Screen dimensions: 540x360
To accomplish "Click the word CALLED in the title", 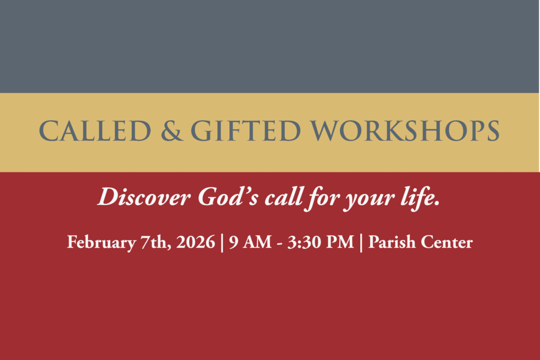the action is [x=95, y=131].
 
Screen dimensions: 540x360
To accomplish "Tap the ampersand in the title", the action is [x=172, y=131].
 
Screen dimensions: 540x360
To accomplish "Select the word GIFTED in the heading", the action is [x=246, y=131].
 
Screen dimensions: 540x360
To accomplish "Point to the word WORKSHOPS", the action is [x=405, y=131].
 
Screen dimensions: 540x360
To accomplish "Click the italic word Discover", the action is [x=144, y=197].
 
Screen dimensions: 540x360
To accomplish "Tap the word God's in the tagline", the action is [x=228, y=197].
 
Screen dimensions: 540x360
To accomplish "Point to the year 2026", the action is [x=196, y=242].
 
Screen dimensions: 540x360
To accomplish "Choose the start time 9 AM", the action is [x=250, y=242].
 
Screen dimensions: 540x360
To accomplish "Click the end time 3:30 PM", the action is [x=321, y=242].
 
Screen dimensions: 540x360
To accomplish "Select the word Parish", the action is [x=392, y=242].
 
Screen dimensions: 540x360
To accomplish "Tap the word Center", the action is [x=447, y=242].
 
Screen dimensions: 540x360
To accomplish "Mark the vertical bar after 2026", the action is [x=222, y=243].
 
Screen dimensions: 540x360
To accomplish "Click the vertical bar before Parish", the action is [x=361, y=243].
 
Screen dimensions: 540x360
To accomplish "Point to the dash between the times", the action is [x=279, y=244].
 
